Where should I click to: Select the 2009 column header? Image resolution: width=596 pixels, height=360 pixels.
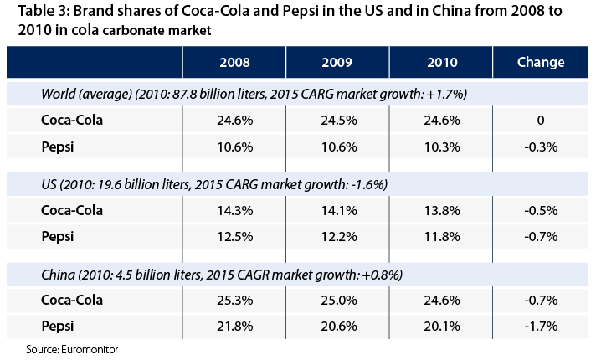337,62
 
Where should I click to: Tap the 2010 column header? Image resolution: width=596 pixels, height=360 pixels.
441,62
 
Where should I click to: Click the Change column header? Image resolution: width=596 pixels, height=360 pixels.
541,62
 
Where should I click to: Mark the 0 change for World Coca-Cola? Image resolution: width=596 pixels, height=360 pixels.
541,120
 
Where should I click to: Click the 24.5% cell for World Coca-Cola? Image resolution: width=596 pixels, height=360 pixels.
337,120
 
